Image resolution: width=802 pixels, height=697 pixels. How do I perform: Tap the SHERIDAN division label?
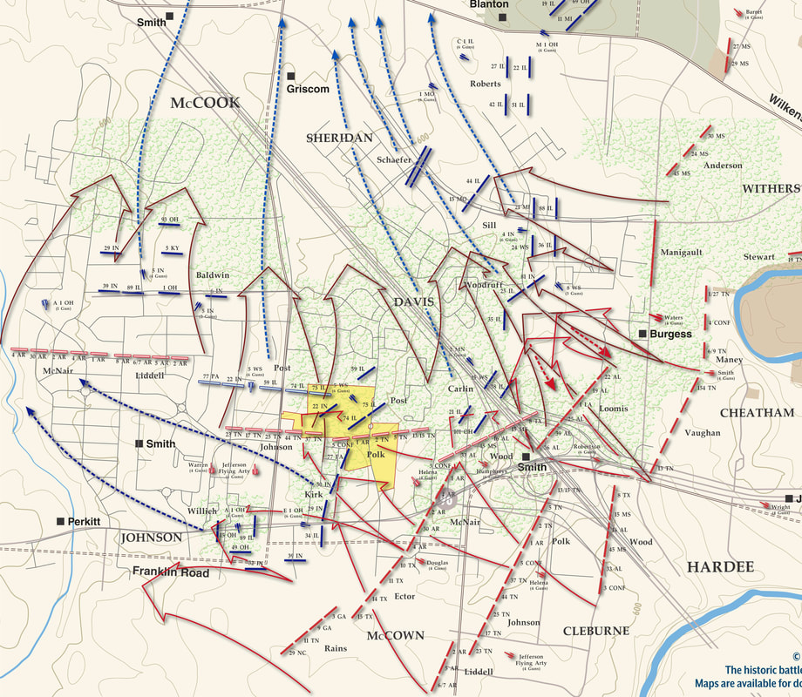(339, 138)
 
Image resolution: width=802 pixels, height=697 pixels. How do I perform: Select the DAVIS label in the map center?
(413, 301)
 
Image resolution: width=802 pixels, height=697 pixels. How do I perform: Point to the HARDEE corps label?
(719, 567)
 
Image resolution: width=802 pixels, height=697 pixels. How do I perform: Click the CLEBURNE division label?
(595, 631)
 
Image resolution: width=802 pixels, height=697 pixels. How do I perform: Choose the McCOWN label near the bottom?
(395, 636)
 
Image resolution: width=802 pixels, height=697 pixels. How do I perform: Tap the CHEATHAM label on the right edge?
(757, 413)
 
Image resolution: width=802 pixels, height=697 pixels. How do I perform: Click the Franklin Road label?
(171, 572)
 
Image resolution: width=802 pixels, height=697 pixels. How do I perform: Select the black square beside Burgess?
(642, 334)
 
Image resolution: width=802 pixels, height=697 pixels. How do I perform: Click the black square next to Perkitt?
(60, 521)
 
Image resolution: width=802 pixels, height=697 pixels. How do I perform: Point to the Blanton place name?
(488, 4)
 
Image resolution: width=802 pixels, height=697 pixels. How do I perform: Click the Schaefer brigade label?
(395, 160)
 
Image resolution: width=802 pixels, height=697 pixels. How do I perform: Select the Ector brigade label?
(404, 597)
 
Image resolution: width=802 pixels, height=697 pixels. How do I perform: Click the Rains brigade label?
(336, 648)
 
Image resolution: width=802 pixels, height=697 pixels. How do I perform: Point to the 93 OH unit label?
(169, 219)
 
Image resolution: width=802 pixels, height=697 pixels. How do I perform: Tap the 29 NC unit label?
(297, 653)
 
